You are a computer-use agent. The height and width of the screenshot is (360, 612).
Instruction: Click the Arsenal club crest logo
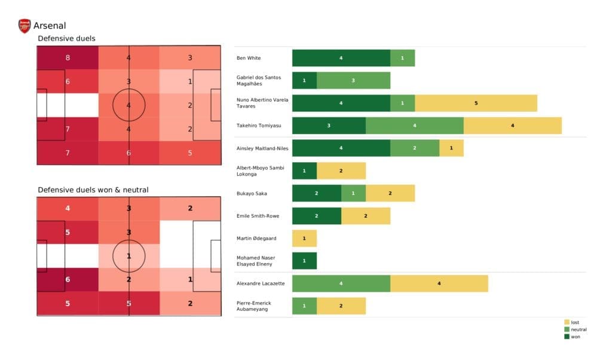click(x=25, y=26)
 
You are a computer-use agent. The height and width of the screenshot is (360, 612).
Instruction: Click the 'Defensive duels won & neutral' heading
click(x=93, y=190)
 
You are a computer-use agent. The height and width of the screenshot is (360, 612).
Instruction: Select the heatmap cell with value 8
click(x=68, y=58)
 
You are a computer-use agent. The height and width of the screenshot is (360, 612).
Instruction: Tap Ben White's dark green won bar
click(x=341, y=58)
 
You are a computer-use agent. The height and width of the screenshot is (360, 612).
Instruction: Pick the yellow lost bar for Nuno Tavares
click(x=476, y=103)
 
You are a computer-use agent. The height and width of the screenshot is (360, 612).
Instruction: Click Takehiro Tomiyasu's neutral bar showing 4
click(x=414, y=126)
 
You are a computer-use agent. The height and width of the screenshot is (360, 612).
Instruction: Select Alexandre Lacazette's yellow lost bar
click(x=439, y=283)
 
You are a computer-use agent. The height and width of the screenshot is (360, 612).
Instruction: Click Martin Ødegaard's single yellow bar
click(x=304, y=239)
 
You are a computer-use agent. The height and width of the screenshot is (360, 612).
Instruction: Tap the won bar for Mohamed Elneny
click(x=304, y=261)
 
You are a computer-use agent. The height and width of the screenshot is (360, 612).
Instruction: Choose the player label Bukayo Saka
click(x=253, y=193)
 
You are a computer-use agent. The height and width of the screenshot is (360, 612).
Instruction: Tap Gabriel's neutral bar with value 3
click(x=353, y=81)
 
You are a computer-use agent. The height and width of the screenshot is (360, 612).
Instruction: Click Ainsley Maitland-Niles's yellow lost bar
click(x=451, y=148)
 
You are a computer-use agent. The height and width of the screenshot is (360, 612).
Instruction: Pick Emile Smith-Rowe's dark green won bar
click(x=316, y=216)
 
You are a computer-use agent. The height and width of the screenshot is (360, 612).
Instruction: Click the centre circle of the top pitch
click(x=129, y=105)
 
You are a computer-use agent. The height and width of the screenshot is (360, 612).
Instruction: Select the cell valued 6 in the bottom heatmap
click(x=68, y=280)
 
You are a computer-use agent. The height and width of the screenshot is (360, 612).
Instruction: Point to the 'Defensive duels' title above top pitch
click(x=66, y=39)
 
